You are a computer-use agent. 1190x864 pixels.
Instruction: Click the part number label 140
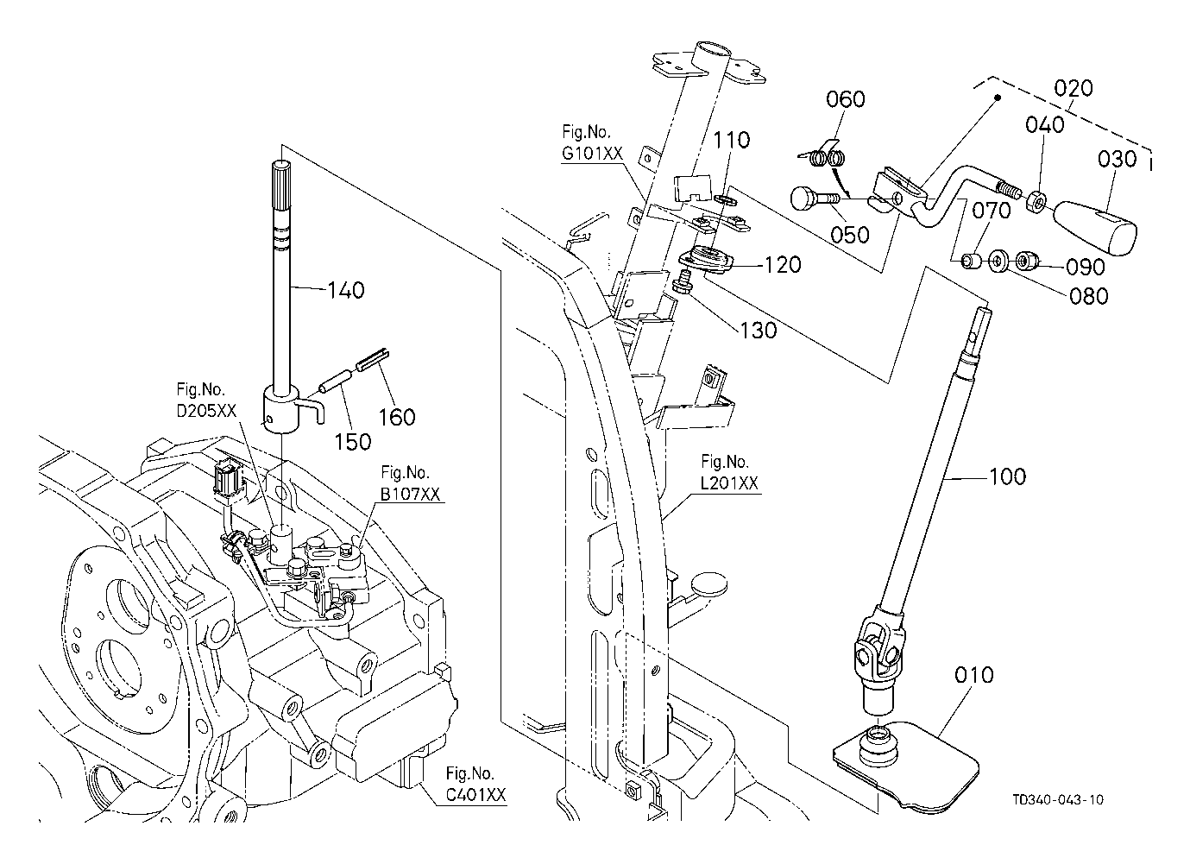coord(346,291)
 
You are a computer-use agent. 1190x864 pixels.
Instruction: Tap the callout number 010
coord(973,675)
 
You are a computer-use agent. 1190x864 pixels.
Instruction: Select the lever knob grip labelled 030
coord(1095,227)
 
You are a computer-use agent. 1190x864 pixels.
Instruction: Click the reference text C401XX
coord(475,795)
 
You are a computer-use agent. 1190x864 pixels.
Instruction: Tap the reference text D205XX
coord(206,411)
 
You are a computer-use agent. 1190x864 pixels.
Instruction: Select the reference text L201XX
coord(729,483)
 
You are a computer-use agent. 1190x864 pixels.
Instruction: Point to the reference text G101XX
coord(592,154)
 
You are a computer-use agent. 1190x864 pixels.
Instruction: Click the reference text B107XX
coord(410,495)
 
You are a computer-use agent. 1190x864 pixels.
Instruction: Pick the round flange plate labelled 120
coord(706,260)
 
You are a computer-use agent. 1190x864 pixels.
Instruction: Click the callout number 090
coord(1085,267)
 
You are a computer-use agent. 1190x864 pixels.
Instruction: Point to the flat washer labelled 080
coord(998,262)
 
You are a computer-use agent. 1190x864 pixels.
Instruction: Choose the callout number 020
coord(1074,88)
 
